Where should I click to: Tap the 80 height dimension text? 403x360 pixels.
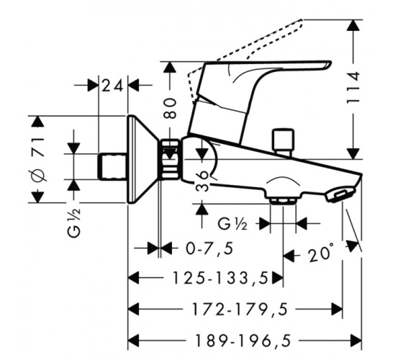point(171,108)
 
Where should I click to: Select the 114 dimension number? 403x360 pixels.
point(353,88)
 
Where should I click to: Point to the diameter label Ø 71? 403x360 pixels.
point(40,160)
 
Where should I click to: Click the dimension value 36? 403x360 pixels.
point(202,181)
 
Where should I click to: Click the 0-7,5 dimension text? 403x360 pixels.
point(209,248)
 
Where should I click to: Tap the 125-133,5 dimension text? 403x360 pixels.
point(220,278)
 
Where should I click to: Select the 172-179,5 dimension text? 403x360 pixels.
point(240,309)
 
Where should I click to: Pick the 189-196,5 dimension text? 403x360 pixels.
point(243,341)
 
